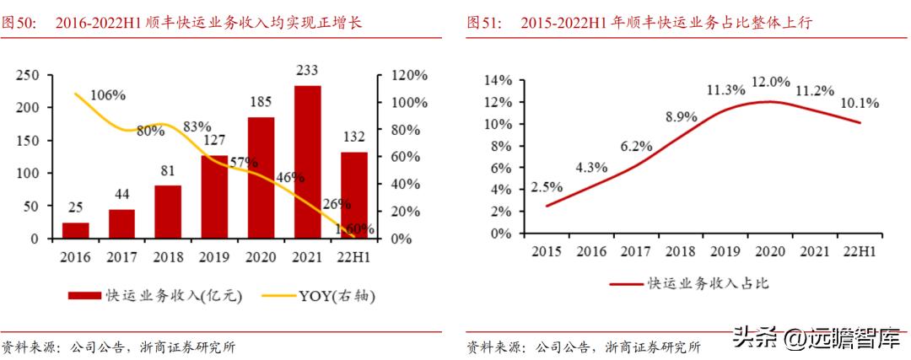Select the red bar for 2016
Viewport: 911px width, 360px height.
coord(76,230)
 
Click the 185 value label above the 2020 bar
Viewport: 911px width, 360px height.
coord(261,102)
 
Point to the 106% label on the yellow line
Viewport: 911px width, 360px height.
coord(107,94)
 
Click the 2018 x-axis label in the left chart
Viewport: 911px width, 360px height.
coord(168,255)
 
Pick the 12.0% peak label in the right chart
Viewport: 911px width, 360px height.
coord(771,82)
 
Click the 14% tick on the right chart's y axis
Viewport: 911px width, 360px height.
coord(498,80)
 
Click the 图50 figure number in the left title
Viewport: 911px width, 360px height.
coord(19,23)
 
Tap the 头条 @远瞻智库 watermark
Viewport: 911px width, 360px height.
coord(816,340)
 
